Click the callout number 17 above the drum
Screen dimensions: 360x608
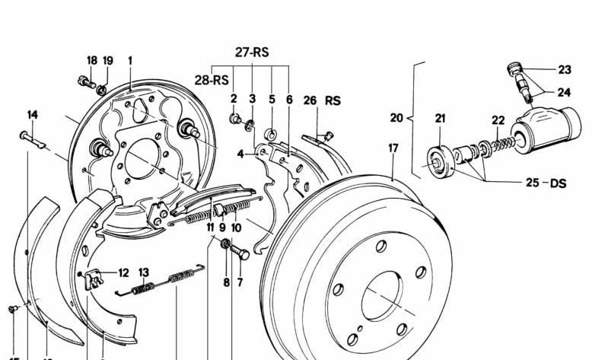click(x=393, y=148)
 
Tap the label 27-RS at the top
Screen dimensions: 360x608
click(x=252, y=53)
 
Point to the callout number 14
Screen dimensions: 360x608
click(x=33, y=115)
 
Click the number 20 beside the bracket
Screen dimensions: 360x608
click(x=396, y=118)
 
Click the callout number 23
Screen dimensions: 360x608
click(x=564, y=70)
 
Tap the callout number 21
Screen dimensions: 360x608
click(x=440, y=118)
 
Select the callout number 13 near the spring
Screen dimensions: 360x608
click(x=143, y=272)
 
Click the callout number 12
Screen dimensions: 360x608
click(x=123, y=271)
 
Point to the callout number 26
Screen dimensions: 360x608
click(x=310, y=100)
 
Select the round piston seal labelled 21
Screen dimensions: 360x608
click(x=439, y=161)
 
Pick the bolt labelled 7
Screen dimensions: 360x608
click(x=241, y=252)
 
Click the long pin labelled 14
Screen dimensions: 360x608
click(x=34, y=139)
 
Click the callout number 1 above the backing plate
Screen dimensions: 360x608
click(x=130, y=61)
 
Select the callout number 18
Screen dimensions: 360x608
click(x=91, y=61)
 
